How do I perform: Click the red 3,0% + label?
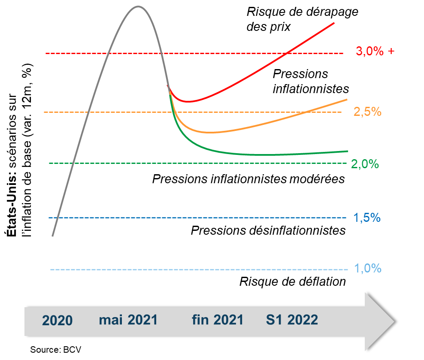tap(375, 51)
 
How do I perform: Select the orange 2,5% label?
tap(367, 112)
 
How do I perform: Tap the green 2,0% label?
tap(365, 164)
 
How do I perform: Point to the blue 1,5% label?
tap(367, 218)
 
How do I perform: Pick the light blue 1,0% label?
tap(367, 269)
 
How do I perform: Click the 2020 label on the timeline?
tap(58, 321)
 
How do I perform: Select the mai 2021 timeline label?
tap(128, 320)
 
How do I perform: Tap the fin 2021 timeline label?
tap(218, 320)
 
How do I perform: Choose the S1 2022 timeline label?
tap(292, 320)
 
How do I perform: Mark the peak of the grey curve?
tap(137, 6)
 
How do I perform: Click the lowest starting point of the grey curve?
tap(53, 236)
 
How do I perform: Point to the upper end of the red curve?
tap(334, 22)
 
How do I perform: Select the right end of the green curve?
tap(348, 151)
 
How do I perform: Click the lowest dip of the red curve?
tap(188, 102)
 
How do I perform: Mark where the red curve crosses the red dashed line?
tap(287, 53)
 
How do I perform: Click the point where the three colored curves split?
tap(169, 88)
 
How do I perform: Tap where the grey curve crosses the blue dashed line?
tap(58, 218)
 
